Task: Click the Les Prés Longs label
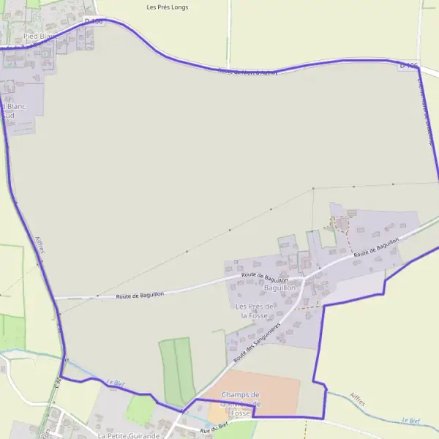click(168, 7)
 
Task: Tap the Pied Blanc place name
click(40, 35)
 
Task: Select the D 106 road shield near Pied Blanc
click(94, 22)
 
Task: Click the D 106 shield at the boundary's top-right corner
click(409, 66)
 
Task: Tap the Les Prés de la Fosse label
click(254, 310)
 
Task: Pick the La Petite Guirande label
click(128, 435)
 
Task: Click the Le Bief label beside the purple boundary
click(116, 383)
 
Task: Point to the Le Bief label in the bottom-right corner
click(410, 421)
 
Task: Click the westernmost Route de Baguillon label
click(140, 294)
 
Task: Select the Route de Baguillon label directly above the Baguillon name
click(264, 278)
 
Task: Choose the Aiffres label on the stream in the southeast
click(359, 399)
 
